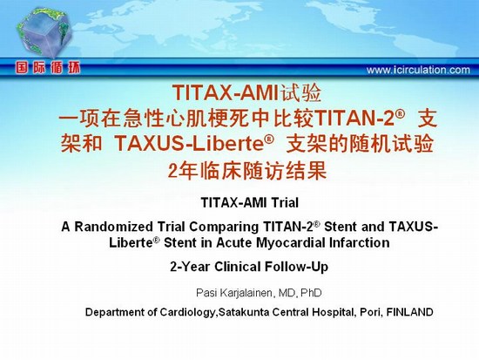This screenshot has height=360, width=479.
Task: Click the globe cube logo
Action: point(44,33)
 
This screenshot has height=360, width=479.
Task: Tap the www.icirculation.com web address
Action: point(418,70)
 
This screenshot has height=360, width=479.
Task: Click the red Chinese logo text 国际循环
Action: point(48,68)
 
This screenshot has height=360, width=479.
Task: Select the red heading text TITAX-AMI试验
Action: point(246,92)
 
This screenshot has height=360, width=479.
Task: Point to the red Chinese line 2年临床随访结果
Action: point(247,170)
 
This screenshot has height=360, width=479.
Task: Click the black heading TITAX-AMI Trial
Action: point(250,202)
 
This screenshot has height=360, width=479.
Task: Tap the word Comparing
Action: point(224,227)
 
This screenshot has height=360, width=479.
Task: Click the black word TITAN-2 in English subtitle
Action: point(288,227)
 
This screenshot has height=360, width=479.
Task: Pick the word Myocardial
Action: point(291,243)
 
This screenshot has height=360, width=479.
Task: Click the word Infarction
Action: point(359,243)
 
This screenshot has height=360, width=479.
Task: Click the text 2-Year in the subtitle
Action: point(190,267)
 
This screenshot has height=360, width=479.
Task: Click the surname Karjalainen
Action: point(246,293)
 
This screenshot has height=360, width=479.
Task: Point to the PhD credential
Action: point(311,293)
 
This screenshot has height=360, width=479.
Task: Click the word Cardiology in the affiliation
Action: point(186,312)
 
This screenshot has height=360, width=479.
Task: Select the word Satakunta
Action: point(244,312)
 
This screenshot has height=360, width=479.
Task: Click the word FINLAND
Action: point(409,312)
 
